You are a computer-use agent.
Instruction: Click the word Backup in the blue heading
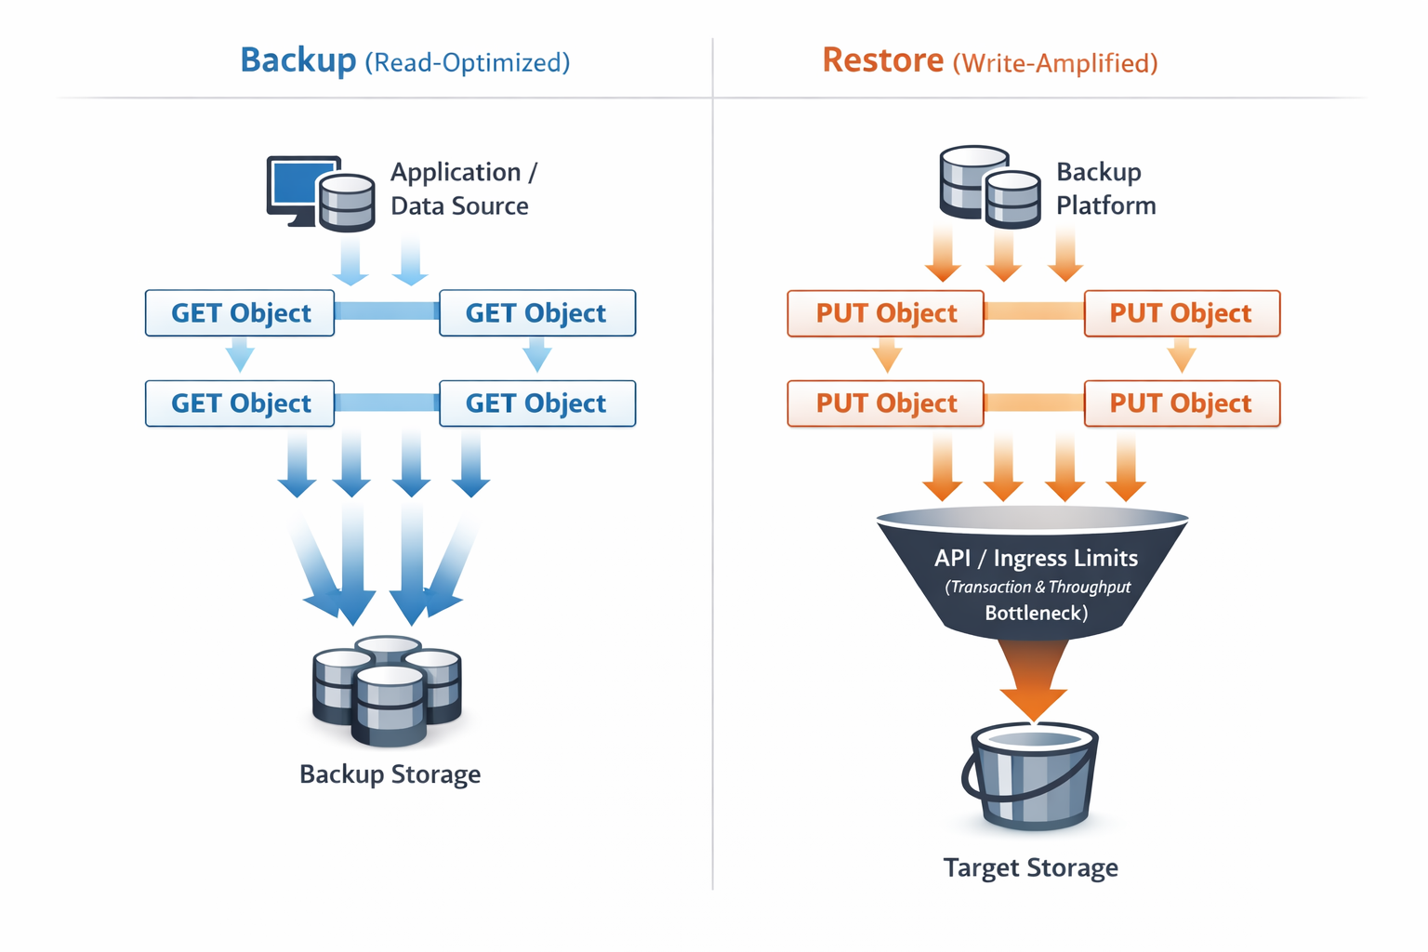coord(297,60)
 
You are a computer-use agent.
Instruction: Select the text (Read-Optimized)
coord(467,63)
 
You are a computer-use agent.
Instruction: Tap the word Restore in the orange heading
coord(882,60)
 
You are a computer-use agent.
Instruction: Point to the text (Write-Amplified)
coord(1055,63)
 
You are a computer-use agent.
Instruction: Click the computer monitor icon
coord(299,186)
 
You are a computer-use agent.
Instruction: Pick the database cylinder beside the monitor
coord(347,202)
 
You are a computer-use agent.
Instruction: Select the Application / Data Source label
coord(462,189)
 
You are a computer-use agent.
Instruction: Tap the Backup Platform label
coord(1104,189)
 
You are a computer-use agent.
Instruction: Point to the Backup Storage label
coord(390,774)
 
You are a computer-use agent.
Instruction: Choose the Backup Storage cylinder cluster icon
coord(387,690)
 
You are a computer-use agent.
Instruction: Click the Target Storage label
coord(1030,867)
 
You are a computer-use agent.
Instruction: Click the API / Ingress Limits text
coord(1036,558)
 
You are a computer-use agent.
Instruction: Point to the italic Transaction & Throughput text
coord(1038,587)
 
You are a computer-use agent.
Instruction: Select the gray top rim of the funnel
coord(1032,518)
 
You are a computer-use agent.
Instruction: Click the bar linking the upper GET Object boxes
coord(386,311)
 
